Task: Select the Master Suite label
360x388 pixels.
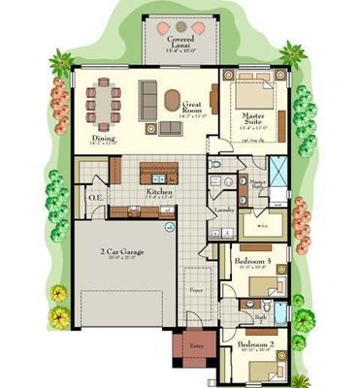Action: (x=254, y=117)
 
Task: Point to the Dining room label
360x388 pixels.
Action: (x=103, y=138)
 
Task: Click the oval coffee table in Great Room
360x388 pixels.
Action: (x=173, y=101)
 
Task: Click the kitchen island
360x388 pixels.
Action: (x=153, y=174)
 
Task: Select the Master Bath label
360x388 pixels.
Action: (x=257, y=182)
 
